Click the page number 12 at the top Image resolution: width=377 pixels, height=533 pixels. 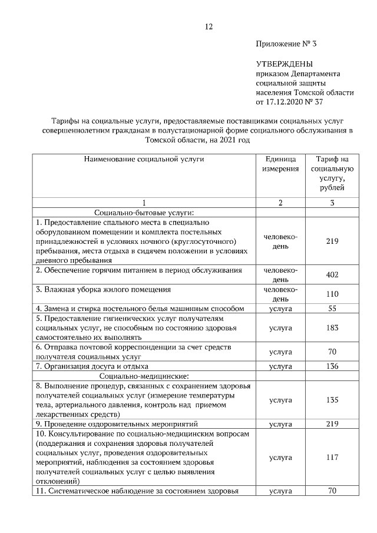click(209, 27)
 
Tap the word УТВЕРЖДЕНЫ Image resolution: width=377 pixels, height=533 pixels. click(285, 64)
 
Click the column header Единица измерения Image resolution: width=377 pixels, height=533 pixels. click(280, 164)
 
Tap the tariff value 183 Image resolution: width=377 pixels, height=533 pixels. click(332, 327)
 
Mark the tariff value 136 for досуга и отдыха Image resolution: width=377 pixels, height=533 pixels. click(332, 366)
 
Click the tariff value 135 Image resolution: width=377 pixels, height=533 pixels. click(332, 400)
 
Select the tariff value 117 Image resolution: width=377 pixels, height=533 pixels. click(332, 457)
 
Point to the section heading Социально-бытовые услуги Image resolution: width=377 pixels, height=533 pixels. click(144, 213)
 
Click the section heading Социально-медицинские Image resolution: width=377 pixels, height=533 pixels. click(144, 376)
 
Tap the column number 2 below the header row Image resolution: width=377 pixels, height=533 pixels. click(280, 203)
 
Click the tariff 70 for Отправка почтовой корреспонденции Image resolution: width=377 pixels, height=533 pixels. click(332, 352)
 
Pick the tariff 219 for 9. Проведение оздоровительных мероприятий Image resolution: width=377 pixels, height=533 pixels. click(332, 423)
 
